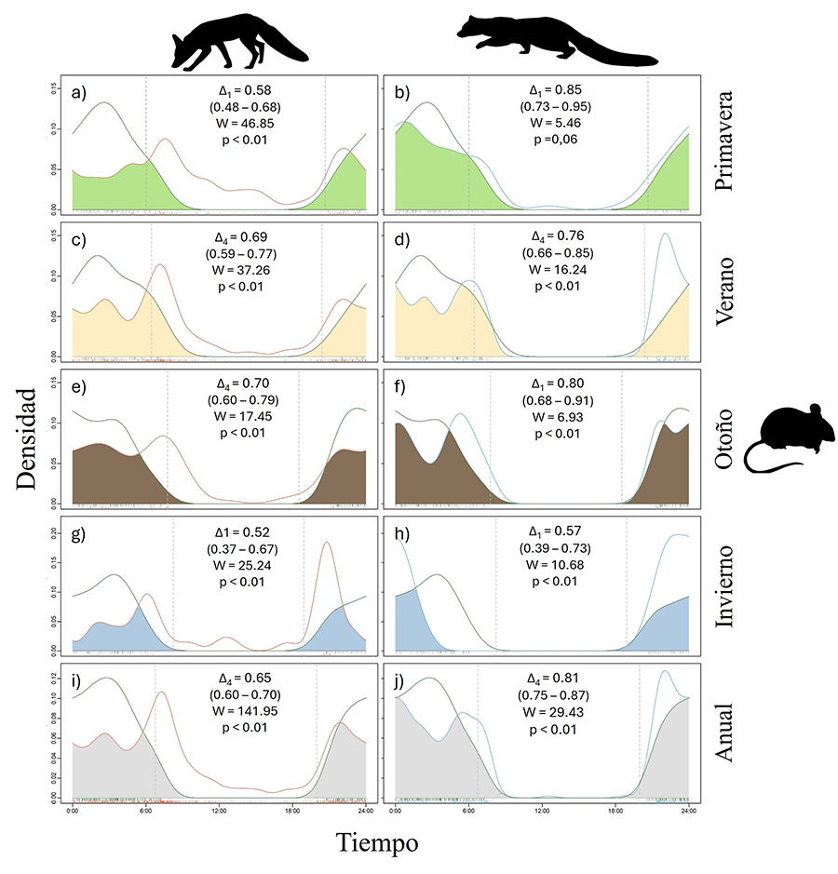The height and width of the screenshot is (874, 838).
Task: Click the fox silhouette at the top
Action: point(237,41)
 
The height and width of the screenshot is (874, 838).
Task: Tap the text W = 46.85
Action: point(241,123)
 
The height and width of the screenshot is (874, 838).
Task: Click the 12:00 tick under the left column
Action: point(219,810)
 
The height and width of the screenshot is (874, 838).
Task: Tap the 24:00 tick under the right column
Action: point(687,810)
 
